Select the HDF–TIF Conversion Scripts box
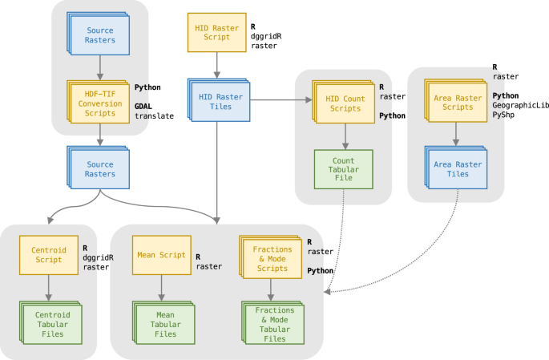pos(99,103)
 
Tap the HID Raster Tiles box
pos(216,99)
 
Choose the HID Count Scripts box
pos(344,103)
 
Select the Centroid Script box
pos(47,254)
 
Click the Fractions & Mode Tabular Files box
pos(273,323)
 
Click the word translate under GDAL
pos(154,115)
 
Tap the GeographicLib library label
pos(520,106)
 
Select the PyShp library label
pos(505,116)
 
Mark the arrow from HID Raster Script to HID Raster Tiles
pos(216,64)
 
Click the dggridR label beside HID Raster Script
pos(267,36)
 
